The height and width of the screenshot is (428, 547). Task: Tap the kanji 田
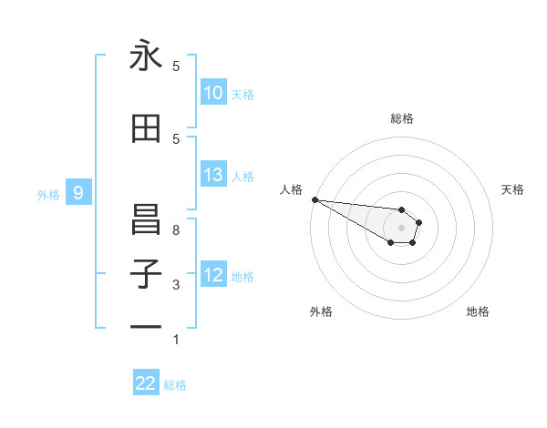[x=146, y=130]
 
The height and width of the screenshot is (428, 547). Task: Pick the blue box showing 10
[x=213, y=93]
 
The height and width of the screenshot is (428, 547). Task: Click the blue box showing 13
[x=213, y=175]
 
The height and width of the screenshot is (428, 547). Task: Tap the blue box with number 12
[x=213, y=275]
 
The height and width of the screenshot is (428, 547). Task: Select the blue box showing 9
[x=79, y=192]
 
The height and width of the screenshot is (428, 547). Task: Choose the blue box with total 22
[x=146, y=383]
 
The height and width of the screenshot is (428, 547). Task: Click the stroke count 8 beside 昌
[x=176, y=230]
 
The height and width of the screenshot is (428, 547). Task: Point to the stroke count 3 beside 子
[x=176, y=285]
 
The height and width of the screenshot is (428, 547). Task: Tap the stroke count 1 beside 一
[x=176, y=340]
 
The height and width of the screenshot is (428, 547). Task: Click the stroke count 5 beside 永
[x=176, y=66]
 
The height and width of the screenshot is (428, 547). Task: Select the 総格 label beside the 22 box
[x=175, y=385]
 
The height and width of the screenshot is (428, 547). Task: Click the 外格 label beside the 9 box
[x=48, y=194]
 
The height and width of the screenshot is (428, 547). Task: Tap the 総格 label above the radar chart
[x=401, y=118]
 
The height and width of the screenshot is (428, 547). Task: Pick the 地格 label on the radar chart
[x=478, y=312]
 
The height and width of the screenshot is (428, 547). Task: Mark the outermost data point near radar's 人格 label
[x=315, y=199]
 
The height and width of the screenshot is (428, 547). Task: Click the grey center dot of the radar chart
[x=401, y=228]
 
